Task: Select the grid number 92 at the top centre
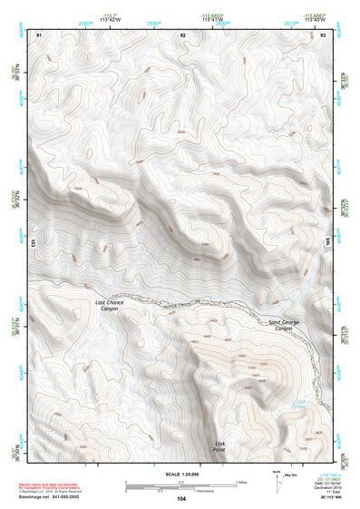(x=184, y=34)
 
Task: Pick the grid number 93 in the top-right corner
(x=323, y=34)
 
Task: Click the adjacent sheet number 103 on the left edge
(x=34, y=242)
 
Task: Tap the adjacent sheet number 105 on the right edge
(x=329, y=242)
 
